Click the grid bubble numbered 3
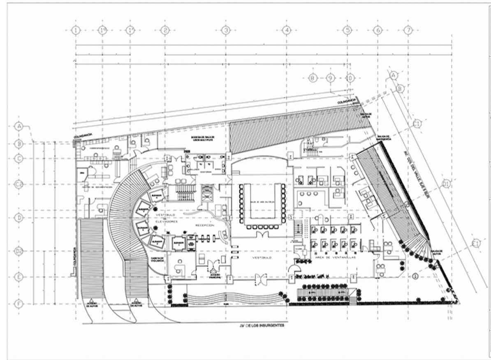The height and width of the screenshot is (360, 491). [225, 30]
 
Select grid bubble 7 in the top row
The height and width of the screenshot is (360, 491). [408, 30]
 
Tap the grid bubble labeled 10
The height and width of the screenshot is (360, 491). [349, 77]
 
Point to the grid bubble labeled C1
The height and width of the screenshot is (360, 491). [417, 124]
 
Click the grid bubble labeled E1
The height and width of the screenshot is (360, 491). [476, 243]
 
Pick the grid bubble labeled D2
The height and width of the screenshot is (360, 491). [19, 251]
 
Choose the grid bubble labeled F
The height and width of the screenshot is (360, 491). [19, 304]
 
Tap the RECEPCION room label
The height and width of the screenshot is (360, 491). [204, 226]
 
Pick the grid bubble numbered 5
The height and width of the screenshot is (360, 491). [347, 30]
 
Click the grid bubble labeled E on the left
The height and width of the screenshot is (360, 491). [19, 277]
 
